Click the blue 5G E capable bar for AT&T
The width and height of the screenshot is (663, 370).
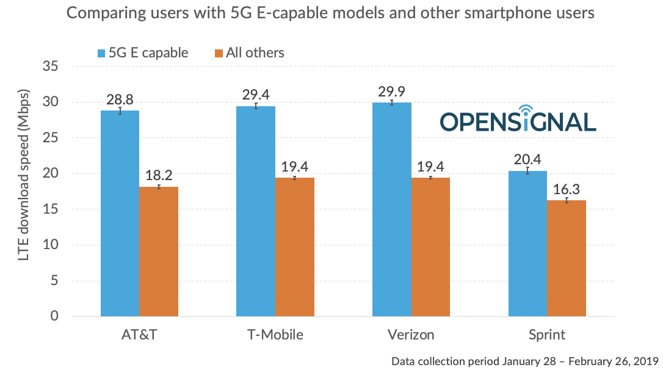click(119, 214)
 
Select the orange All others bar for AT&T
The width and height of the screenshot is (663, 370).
click(158, 252)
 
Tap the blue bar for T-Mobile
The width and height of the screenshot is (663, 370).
click(255, 211)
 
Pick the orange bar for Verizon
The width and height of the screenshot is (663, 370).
click(430, 247)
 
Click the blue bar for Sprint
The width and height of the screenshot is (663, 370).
click(527, 244)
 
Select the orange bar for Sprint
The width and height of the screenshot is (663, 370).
click(566, 258)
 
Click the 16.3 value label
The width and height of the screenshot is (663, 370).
click(566, 189)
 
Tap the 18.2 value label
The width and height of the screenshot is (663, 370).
click(158, 176)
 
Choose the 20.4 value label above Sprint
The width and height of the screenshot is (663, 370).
click(527, 160)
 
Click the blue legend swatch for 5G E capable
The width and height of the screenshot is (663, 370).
click(101, 53)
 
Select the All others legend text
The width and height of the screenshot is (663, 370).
click(255, 53)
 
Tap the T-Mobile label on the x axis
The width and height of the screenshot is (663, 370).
click(275, 335)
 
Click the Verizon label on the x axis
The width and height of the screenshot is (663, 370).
click(411, 335)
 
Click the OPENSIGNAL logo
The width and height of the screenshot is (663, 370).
click(517, 120)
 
